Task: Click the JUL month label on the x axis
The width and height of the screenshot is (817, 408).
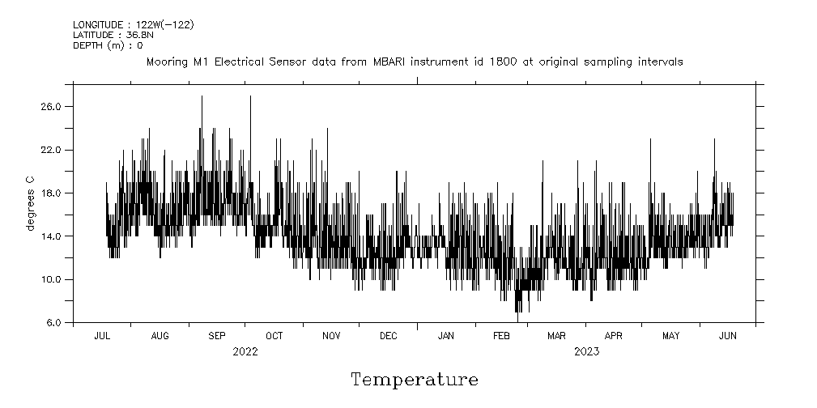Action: point(103,335)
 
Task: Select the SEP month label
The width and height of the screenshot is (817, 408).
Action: point(217,335)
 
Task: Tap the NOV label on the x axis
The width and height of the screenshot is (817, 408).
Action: point(331,335)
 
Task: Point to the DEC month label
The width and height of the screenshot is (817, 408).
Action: point(388,335)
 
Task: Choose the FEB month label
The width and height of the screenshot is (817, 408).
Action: point(502,335)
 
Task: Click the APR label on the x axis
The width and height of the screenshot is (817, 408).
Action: point(614,335)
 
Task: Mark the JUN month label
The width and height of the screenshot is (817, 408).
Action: point(727,335)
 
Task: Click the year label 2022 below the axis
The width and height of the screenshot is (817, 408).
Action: point(245,351)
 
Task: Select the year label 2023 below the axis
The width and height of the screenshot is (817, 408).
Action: point(587,351)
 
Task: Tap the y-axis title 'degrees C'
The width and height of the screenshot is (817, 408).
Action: point(30,202)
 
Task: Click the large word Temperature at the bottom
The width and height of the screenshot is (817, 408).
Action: point(414,380)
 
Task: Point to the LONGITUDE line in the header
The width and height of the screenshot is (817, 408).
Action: point(133,25)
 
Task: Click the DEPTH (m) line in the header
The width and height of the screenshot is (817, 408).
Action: point(108,45)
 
